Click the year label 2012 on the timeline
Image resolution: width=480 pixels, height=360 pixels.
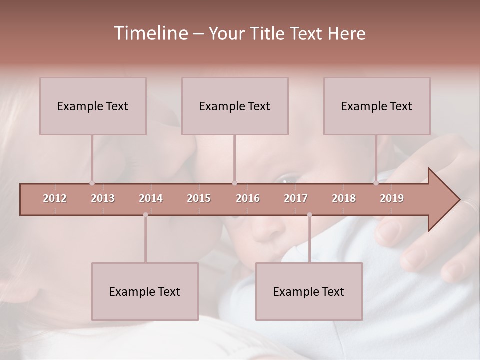(55, 198)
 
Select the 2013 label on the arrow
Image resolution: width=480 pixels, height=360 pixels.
(103, 198)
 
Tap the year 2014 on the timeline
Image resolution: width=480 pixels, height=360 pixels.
(151, 198)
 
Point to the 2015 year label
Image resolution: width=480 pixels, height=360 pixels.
(199, 198)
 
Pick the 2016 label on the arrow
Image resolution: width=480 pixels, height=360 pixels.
(248, 198)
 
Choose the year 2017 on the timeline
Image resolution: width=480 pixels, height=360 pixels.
(296, 198)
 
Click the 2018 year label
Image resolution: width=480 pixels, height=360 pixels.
(344, 198)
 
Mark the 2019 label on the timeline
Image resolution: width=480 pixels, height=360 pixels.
(392, 198)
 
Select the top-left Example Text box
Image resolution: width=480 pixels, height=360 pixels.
(93, 106)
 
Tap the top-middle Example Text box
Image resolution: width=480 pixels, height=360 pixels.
(235, 106)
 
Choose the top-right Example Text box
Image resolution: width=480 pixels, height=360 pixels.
(377, 106)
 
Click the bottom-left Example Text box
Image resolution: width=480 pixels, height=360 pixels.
(145, 291)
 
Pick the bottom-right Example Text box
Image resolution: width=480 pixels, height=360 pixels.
(309, 291)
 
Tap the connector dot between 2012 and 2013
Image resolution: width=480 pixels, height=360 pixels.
(92, 183)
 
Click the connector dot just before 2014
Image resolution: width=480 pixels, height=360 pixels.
(145, 215)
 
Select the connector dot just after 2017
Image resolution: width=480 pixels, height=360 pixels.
(309, 215)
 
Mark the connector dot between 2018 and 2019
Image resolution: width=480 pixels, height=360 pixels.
(376, 183)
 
